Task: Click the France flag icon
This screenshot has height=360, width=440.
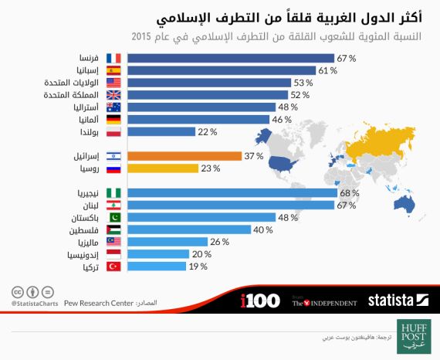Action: (113, 57)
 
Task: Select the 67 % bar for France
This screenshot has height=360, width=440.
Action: (230, 57)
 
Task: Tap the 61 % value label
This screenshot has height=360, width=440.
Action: (327, 70)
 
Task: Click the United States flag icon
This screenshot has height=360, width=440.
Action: (113, 82)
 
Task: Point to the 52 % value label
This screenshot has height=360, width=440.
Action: (299, 94)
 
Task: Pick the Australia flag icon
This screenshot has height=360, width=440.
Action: (113, 107)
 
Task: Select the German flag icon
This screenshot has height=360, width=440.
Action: (113, 119)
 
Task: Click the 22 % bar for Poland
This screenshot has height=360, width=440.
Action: (160, 131)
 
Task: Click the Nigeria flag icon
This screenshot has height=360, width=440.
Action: (113, 192)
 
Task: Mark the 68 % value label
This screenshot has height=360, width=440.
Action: (349, 192)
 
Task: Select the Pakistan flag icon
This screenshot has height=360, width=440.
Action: (113, 217)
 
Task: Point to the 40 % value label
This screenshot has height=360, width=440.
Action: (264, 229)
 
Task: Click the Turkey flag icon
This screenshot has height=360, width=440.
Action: (113, 267)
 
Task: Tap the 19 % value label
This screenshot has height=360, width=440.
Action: (198, 267)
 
